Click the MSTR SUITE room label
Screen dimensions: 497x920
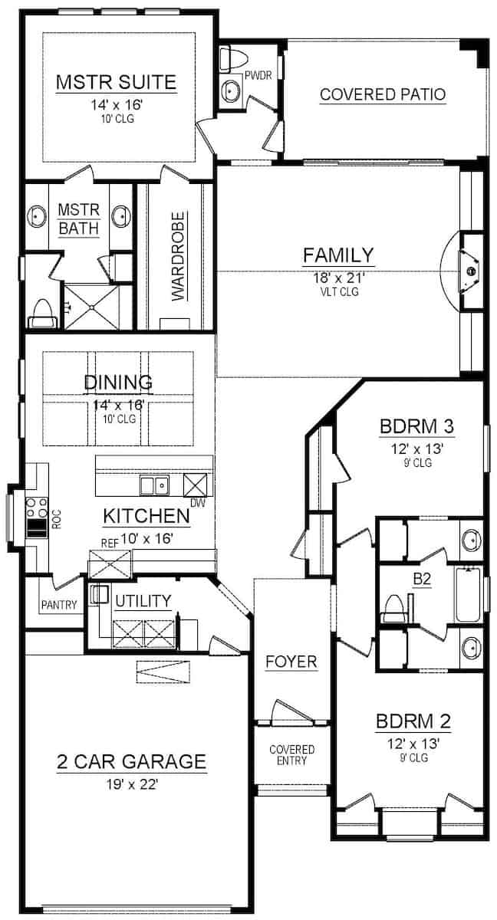tap(117, 82)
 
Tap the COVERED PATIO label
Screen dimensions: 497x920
tap(383, 94)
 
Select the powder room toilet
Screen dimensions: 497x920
tap(233, 58)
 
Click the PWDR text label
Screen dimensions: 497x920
tap(258, 75)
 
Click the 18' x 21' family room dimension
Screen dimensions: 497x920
tap(339, 278)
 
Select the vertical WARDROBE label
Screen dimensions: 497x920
tap(178, 256)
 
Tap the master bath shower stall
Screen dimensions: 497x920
tap(91, 307)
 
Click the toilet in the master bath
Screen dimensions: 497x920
tap(42, 314)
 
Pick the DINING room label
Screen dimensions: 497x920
tap(118, 383)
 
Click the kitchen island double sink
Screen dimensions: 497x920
tap(154, 485)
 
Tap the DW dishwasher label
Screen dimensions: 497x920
tap(198, 503)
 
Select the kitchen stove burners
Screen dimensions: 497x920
tap(37, 508)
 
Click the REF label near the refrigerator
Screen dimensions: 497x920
tap(110, 543)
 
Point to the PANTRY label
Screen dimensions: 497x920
tap(59, 605)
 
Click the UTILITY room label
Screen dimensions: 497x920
tap(143, 601)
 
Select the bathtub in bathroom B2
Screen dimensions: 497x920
tap(467, 595)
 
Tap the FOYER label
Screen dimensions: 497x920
tap(291, 662)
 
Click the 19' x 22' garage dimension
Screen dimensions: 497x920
tap(132, 784)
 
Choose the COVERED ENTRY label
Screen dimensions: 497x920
tap(291, 755)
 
